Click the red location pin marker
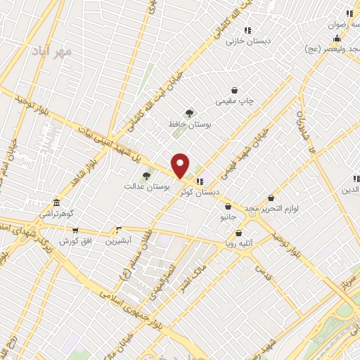click(x=180, y=166)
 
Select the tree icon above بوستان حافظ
click(x=188, y=112)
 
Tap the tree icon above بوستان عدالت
click(x=146, y=176)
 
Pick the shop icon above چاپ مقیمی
click(x=235, y=90)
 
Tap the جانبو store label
click(x=229, y=217)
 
